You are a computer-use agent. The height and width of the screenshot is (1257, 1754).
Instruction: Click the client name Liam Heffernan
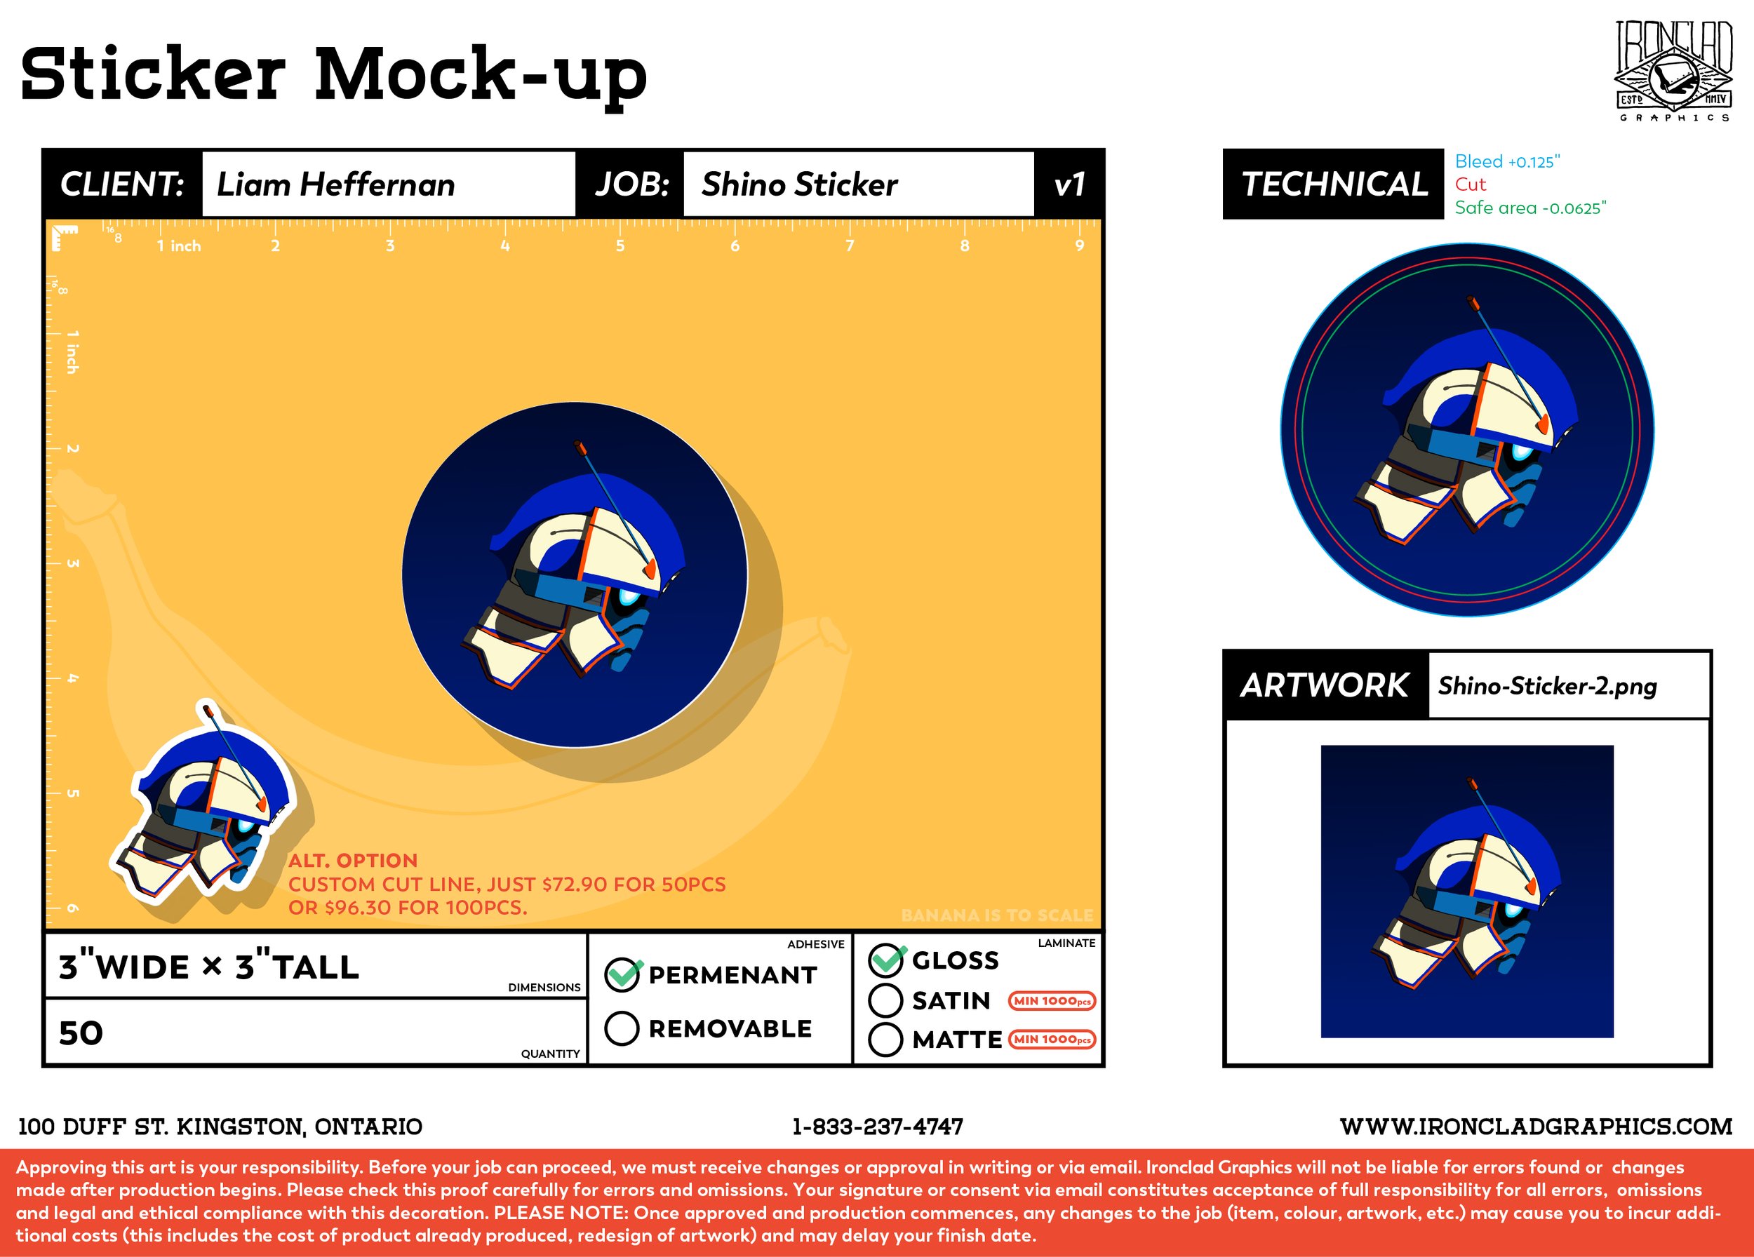click(335, 184)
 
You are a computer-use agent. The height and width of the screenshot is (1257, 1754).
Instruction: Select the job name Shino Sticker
click(799, 184)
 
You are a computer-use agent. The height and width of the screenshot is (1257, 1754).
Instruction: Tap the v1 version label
click(1069, 184)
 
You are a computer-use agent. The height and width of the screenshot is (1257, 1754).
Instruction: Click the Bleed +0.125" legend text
click(1506, 161)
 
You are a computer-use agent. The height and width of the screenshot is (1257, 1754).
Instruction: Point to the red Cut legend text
click(1470, 184)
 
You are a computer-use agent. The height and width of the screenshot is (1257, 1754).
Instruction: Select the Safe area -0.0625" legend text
click(1529, 208)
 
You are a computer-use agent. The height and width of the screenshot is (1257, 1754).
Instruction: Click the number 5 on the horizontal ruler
click(620, 246)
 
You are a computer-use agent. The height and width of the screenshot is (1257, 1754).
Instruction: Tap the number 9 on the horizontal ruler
click(1080, 246)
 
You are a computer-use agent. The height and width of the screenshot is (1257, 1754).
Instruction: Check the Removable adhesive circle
click(622, 1028)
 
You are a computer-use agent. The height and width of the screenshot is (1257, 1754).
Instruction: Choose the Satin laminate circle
click(885, 1000)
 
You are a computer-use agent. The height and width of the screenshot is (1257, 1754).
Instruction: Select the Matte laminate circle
click(885, 1040)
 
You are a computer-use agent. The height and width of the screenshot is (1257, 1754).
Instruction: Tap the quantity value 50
click(81, 1033)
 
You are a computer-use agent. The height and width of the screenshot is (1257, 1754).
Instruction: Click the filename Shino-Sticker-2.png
click(1547, 686)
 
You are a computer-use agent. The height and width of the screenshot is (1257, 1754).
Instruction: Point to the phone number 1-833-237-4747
click(878, 1127)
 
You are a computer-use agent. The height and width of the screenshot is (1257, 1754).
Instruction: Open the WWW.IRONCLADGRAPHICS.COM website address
click(1536, 1127)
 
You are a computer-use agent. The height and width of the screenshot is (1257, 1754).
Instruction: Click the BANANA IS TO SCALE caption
click(997, 915)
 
